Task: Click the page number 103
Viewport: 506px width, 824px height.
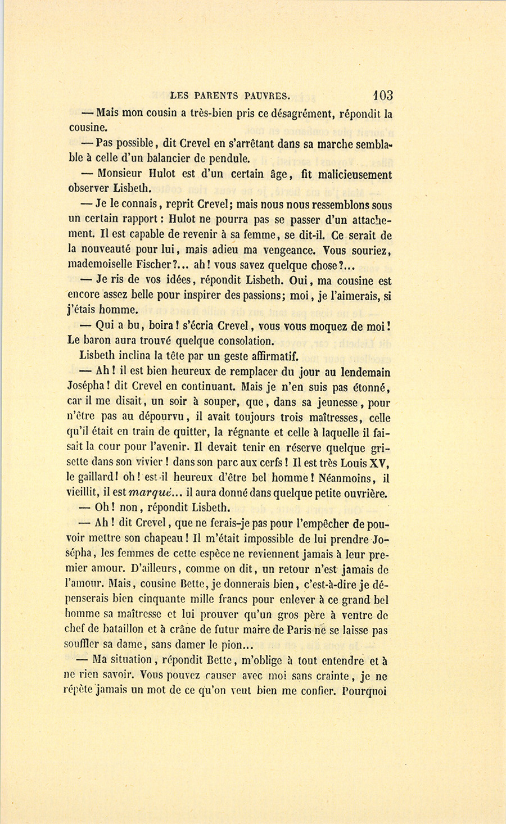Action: tap(382, 96)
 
